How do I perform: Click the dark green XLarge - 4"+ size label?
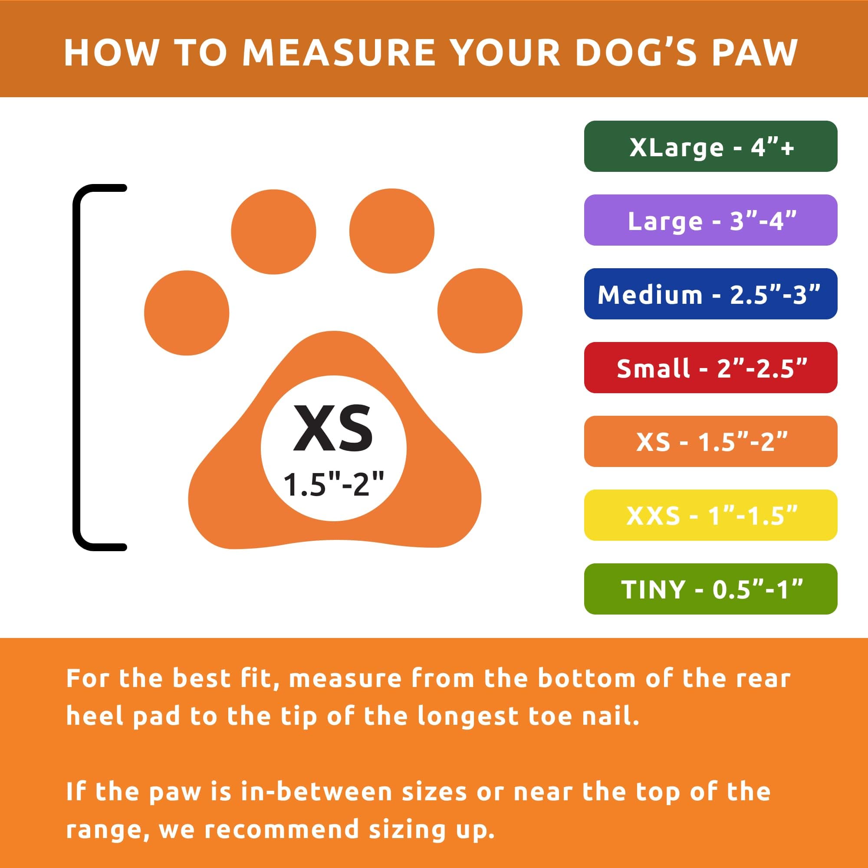click(710, 146)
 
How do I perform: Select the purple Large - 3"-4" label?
click(710, 220)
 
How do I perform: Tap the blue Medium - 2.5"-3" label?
click(710, 294)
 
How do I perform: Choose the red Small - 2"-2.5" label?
click(710, 368)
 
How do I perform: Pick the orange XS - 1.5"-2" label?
click(710, 442)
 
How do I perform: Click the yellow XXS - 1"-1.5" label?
click(710, 515)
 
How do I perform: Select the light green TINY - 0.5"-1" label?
click(710, 589)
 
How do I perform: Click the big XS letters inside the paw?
click(333, 428)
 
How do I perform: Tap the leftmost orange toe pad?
click(187, 312)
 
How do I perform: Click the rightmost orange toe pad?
click(480, 310)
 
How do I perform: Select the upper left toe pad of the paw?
click(273, 231)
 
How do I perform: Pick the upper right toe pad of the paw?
click(392, 231)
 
